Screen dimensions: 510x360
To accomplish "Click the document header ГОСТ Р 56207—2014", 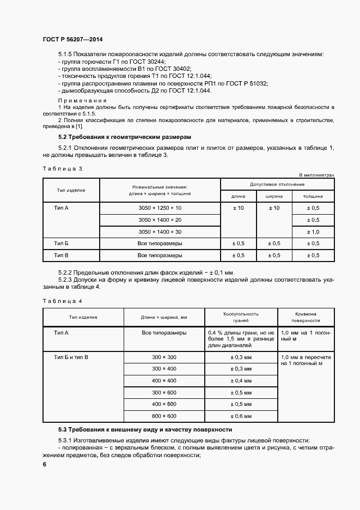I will click(72, 40).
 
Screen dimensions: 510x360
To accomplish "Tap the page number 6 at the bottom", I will click(45, 464).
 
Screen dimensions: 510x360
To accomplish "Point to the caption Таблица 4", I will click(63, 300).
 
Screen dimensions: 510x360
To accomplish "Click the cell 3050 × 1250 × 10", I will click(160, 209).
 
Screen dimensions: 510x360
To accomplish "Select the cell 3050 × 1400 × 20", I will click(160, 220).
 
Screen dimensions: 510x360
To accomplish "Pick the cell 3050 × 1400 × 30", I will click(160, 232).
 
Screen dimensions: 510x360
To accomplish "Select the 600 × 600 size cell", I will click(164, 416).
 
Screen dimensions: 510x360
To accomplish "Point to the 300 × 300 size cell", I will click(164, 357).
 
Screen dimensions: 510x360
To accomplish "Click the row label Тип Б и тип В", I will click(71, 357).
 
